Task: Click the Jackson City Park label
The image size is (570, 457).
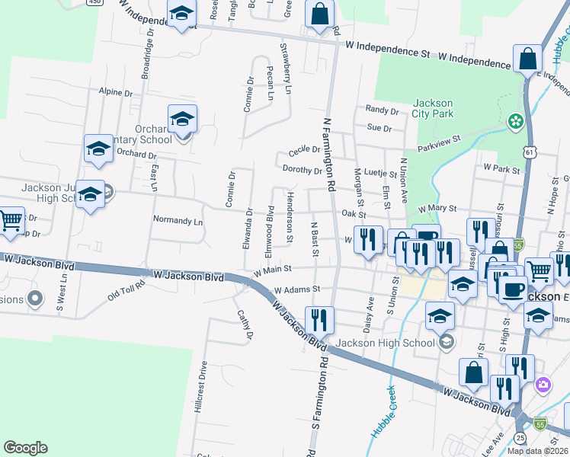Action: pos(433,108)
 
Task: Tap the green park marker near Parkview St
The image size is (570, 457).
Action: pos(515,120)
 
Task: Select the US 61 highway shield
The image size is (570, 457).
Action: pos(529,152)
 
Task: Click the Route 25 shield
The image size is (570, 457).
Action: pos(519,437)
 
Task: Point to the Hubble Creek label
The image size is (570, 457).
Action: pos(384,411)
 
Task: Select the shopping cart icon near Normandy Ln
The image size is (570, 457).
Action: pos(11,221)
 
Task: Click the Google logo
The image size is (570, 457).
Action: pos(25,448)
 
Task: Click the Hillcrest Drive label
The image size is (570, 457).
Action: pos(203,397)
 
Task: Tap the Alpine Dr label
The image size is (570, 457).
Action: pos(115,92)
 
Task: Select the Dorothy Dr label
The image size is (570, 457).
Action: pos(302,170)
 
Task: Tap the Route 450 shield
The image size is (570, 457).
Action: pos(94,2)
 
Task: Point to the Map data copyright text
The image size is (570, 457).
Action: pos(538,451)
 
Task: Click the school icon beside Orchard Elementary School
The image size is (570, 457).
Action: pos(182,120)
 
